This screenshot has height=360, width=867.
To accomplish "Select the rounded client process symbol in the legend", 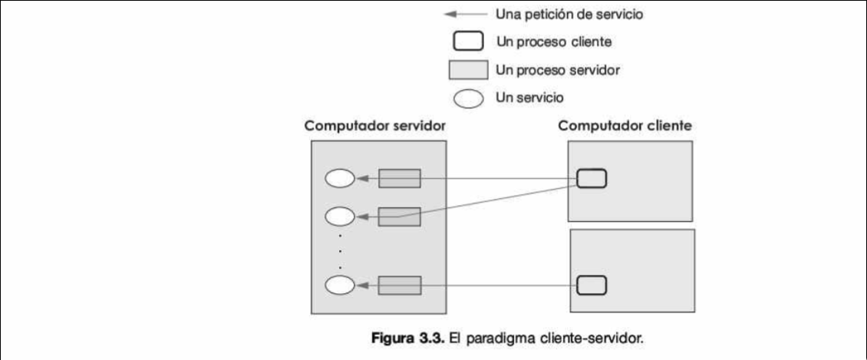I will pos(467,41).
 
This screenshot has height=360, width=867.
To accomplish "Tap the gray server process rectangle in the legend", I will pos(467,70).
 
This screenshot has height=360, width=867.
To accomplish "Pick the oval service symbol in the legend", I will pos(467,98).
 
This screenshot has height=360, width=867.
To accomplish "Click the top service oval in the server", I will pos(340,179).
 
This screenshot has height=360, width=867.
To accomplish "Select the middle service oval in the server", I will pos(340,216).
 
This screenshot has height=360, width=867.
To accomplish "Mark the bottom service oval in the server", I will pos(340,285).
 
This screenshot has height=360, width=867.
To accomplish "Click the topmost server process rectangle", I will pos(400,179).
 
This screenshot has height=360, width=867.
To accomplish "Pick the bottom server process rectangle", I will pos(400,285).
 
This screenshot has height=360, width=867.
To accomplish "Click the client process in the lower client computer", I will pos(592,285).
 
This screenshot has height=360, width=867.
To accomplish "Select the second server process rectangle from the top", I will pos(400,216).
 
